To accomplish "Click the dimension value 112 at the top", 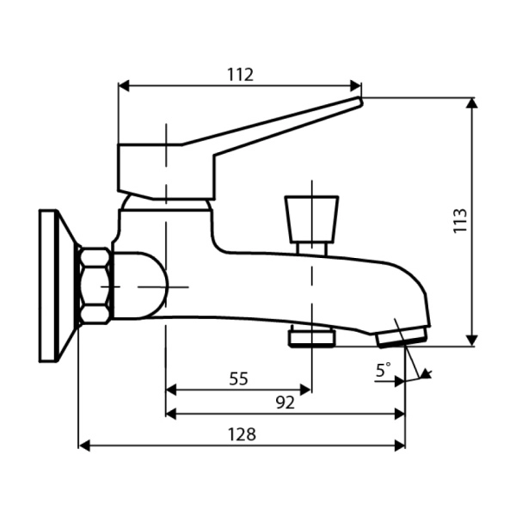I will pyautogui.click(x=241, y=74).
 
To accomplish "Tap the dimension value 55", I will pyautogui.click(x=239, y=378).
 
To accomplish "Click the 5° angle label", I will pyautogui.click(x=383, y=370).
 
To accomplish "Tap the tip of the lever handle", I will pyautogui.click(x=359, y=101).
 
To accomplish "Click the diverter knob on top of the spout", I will pyautogui.click(x=311, y=217).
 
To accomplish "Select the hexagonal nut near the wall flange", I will pyautogui.click(x=95, y=286).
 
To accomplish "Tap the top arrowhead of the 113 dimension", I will pyautogui.click(x=471, y=102).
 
